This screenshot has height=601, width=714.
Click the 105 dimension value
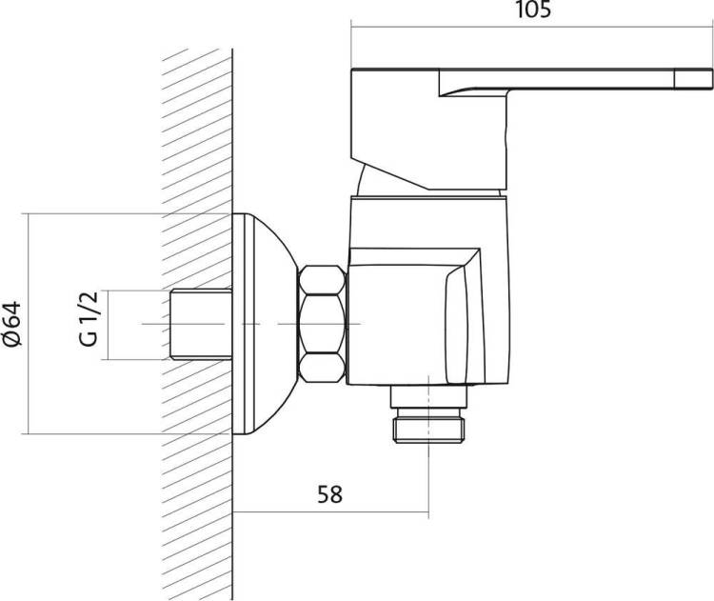click(532, 10)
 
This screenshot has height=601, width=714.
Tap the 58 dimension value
click(329, 494)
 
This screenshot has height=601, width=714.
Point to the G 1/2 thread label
click(89, 318)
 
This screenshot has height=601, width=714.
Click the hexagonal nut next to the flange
click(322, 324)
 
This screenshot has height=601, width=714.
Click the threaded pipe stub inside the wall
click(201, 324)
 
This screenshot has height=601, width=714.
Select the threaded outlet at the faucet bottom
click(430, 424)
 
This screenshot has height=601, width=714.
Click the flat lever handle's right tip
click(711, 77)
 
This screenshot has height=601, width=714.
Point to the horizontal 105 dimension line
click(531, 27)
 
